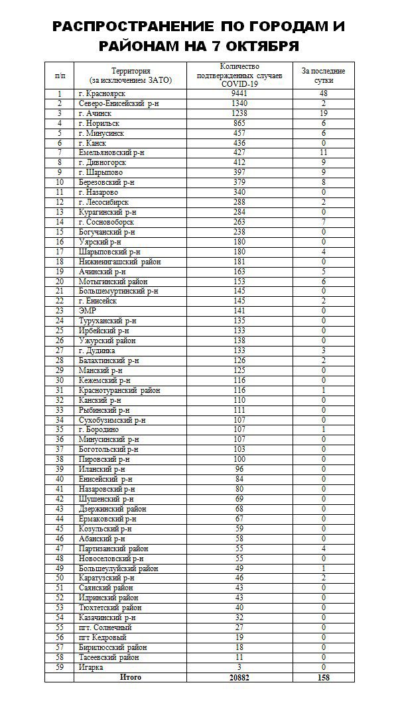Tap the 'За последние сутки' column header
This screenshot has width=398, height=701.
coord(324,75)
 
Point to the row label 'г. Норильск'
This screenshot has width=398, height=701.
coord(99,123)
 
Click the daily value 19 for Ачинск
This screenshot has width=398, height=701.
coord(324,113)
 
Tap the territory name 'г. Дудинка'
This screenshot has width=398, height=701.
coord(97,350)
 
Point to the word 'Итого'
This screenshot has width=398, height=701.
coord(131,677)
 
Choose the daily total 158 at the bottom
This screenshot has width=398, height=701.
coord(324,677)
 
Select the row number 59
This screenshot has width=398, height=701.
coord(59,667)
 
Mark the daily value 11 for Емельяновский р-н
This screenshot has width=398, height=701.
coord(324,152)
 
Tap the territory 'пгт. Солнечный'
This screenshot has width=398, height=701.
coord(105,627)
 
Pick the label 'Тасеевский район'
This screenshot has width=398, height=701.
coord(108,657)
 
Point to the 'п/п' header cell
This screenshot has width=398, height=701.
coord(59,76)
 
